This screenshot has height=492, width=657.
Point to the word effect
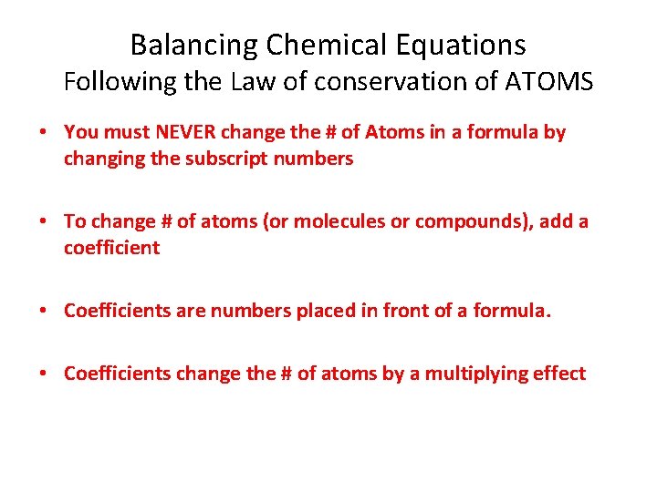tap(559, 374)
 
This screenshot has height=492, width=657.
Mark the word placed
tap(325, 311)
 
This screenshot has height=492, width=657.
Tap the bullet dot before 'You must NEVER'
tap(44, 133)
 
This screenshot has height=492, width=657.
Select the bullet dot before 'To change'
tap(44, 221)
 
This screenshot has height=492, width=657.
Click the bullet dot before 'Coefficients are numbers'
tap(44, 311)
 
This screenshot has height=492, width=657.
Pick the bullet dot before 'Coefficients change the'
tap(44, 374)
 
